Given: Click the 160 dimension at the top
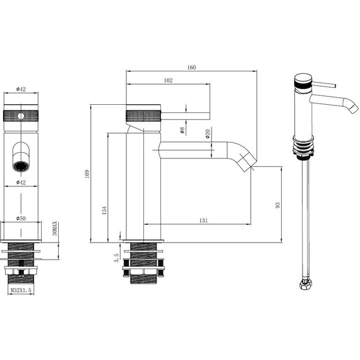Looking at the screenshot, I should [x=191, y=67].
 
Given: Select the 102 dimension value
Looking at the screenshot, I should [x=169, y=80].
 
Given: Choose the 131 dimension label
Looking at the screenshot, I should [x=204, y=220].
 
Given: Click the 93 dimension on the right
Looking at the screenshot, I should [x=277, y=205].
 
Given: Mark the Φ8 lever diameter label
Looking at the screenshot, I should [x=182, y=130].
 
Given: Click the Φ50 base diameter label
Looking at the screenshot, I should [x=21, y=218].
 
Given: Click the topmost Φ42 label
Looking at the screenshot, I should [x=21, y=89].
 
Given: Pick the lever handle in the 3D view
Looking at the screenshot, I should [x=325, y=84].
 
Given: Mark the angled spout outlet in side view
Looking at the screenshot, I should [x=248, y=162].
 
